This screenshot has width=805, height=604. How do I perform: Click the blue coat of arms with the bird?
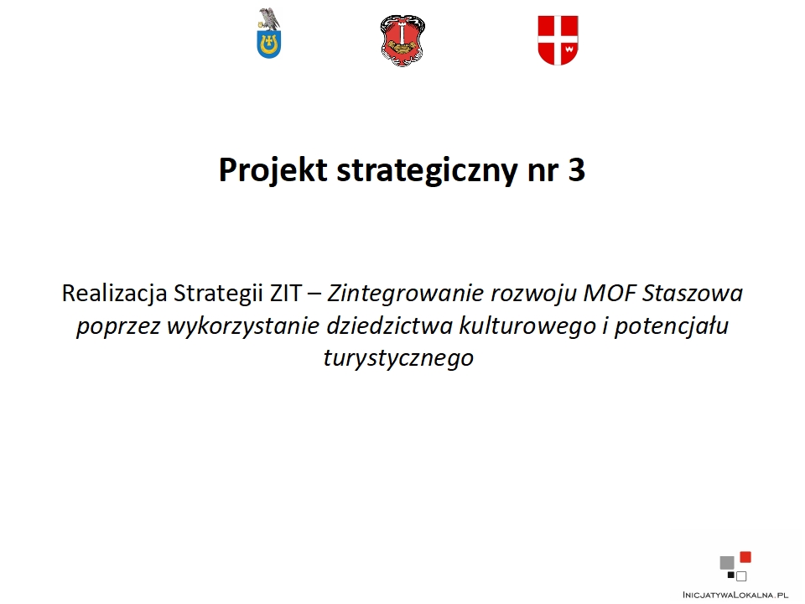pyautogui.click(x=269, y=34)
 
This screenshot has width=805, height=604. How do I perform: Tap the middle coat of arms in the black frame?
pyautogui.click(x=403, y=40)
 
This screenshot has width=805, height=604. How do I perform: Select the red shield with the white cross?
pyautogui.click(x=558, y=40)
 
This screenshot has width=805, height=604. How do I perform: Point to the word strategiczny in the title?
pyautogui.click(x=427, y=170)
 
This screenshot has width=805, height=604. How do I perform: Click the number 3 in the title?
pyautogui.click(x=577, y=170)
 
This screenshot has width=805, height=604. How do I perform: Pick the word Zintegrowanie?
pyautogui.click(x=406, y=294)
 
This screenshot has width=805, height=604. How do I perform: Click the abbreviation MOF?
pyautogui.click(x=610, y=294)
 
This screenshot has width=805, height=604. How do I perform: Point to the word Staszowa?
pyautogui.click(x=693, y=294)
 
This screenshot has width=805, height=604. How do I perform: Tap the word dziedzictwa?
pyautogui.click(x=389, y=325)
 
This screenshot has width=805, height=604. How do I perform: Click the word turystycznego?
pyautogui.click(x=398, y=358)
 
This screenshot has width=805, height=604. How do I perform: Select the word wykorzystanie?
pyautogui.click(x=243, y=326)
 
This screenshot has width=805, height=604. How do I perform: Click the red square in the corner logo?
pyautogui.click(x=745, y=557)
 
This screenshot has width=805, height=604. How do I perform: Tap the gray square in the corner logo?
pyautogui.click(x=727, y=563)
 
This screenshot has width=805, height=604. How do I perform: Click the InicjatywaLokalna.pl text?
pyautogui.click(x=735, y=595)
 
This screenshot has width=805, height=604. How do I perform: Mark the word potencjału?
pyautogui.click(x=672, y=326)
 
